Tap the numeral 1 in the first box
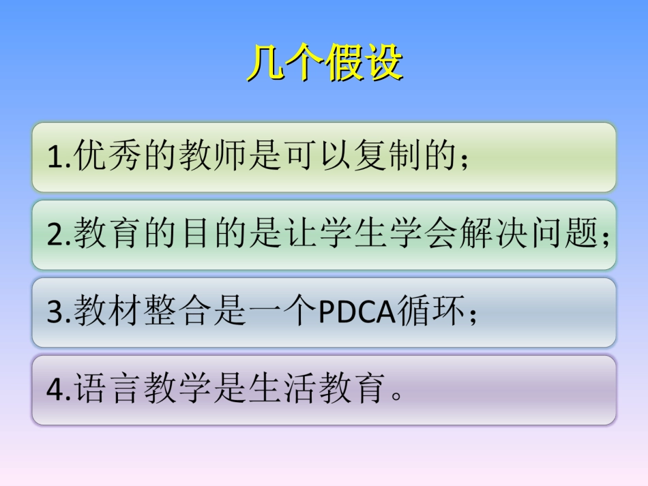tap(54, 157)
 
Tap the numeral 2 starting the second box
tap(55, 235)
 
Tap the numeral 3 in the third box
tap(55, 312)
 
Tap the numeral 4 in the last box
tap(55, 390)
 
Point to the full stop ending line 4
tap(397, 396)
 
